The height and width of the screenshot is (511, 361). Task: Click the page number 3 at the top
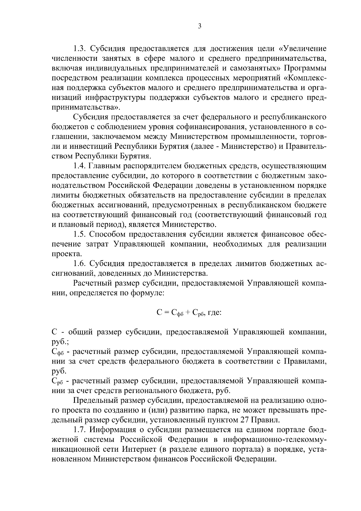pyautogui.click(x=199, y=26)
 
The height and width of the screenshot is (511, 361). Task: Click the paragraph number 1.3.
pyautogui.click(x=80, y=49)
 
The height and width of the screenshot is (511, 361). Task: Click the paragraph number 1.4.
pyautogui.click(x=80, y=166)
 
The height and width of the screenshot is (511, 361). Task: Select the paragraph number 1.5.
pyautogui.click(x=80, y=234)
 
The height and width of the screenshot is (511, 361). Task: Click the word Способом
pyautogui.click(x=106, y=234)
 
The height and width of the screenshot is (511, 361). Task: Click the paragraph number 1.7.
pyautogui.click(x=80, y=430)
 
